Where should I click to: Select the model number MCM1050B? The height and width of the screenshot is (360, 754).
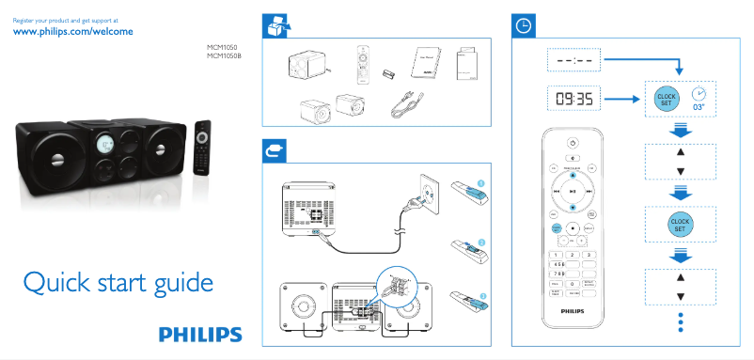pyautogui.click(x=225, y=55)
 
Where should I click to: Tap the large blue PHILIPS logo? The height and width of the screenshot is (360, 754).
pyautogui.click(x=199, y=334)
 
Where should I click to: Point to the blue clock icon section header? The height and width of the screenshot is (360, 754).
pyautogui.click(x=524, y=25)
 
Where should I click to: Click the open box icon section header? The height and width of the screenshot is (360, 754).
pyautogui.click(x=274, y=25)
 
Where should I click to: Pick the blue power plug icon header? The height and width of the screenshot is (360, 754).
pyautogui.click(x=274, y=149)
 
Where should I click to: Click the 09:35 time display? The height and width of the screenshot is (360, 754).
pyautogui.click(x=573, y=98)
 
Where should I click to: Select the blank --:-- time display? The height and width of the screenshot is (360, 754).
pyautogui.click(x=573, y=60)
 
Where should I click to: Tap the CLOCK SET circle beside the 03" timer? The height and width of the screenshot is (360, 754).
pyautogui.click(x=666, y=97)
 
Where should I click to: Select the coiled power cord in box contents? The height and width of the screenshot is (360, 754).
pyautogui.click(x=406, y=102)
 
